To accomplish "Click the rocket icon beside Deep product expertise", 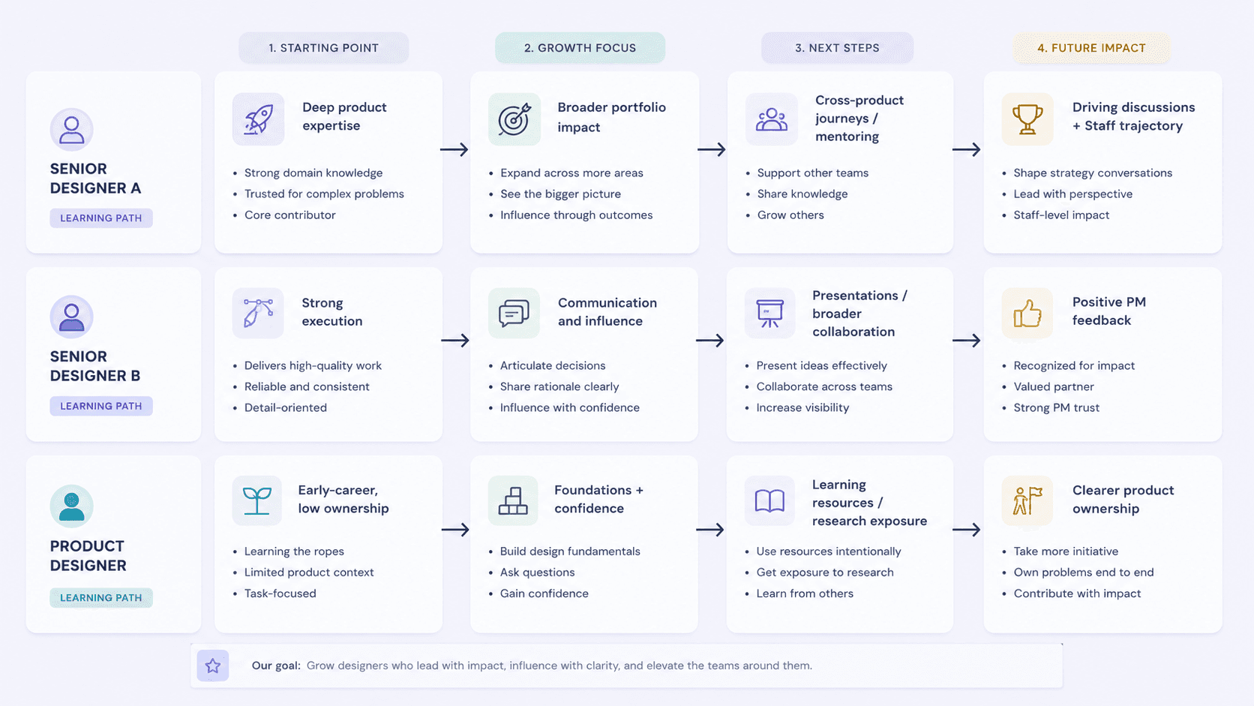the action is click(258, 119).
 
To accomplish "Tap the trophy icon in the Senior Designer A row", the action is click(1027, 119).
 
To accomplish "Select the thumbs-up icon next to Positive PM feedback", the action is click(1027, 314).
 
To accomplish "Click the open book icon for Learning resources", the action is click(769, 500).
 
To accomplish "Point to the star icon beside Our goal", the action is click(213, 665).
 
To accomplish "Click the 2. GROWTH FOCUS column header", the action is click(580, 47).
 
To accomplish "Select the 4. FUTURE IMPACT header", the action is click(1091, 47).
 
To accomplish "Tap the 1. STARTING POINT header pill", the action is click(323, 47).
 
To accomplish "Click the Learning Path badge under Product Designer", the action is click(100, 597).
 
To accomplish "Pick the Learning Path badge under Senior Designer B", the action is click(100, 406).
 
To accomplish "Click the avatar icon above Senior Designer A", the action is click(72, 129).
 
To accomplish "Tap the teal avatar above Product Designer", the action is click(72, 506).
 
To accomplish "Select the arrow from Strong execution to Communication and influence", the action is click(454, 341).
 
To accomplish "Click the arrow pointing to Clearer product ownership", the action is click(966, 530).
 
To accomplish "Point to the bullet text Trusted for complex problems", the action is click(324, 194).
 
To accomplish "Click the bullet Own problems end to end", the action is click(1084, 572).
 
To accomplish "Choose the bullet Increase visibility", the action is click(802, 407).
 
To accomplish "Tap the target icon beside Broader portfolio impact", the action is click(514, 119).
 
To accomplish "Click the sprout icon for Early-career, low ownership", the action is click(257, 500).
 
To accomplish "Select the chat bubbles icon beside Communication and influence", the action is click(514, 314).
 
